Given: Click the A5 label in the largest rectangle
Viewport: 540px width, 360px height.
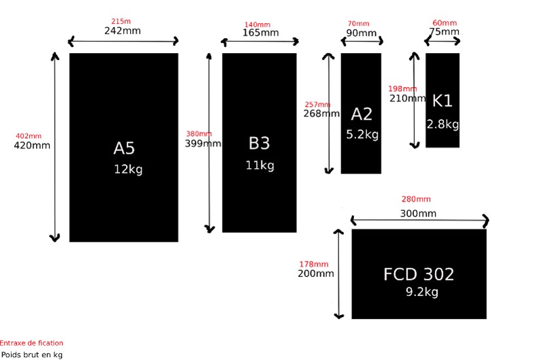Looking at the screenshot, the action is pyautogui.click(x=124, y=148).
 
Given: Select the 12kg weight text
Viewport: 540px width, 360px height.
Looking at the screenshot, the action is pyautogui.click(x=128, y=169).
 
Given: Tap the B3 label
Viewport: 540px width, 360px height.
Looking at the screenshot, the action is pyautogui.click(x=259, y=143).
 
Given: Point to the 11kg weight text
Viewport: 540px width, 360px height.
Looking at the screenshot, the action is pyautogui.click(x=259, y=165).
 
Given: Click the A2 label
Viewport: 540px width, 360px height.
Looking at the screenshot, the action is pyautogui.click(x=362, y=114).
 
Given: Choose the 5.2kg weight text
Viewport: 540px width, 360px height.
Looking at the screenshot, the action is pyautogui.click(x=362, y=134).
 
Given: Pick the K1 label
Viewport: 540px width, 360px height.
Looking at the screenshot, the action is pyautogui.click(x=442, y=101).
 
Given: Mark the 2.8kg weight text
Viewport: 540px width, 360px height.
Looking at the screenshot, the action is pyautogui.click(x=443, y=125).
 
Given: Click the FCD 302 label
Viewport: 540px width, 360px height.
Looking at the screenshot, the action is pyautogui.click(x=419, y=274).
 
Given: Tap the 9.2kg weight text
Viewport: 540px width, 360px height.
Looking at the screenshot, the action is pyautogui.click(x=422, y=292).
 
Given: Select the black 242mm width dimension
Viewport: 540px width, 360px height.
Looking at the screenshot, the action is pyautogui.click(x=123, y=31).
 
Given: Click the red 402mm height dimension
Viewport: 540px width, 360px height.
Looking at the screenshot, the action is pyautogui.click(x=29, y=136).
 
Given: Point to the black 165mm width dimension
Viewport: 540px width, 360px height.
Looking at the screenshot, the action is pyautogui.click(x=261, y=33).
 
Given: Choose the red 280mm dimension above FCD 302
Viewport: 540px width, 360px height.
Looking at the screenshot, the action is pyautogui.click(x=416, y=199).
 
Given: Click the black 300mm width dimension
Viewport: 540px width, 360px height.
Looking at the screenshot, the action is pyautogui.click(x=418, y=214).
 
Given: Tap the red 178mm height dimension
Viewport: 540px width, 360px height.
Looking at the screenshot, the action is pyautogui.click(x=314, y=264).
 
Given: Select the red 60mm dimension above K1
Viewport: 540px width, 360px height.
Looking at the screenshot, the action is pyautogui.click(x=445, y=22).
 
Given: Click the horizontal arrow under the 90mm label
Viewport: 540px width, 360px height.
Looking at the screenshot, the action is pyautogui.click(x=362, y=42).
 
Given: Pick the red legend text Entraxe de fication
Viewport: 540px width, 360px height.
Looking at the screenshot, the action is pyautogui.click(x=31, y=343).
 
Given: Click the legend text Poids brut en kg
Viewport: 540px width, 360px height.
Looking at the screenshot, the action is pyautogui.click(x=32, y=355).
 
